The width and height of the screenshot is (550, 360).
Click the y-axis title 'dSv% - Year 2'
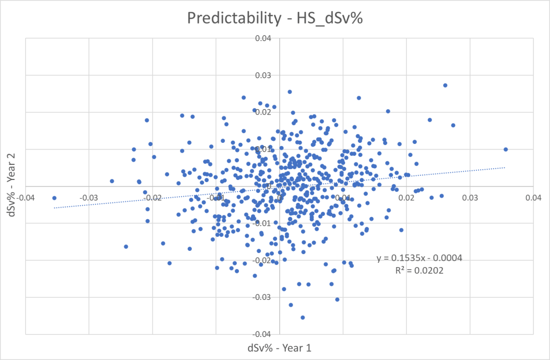10,186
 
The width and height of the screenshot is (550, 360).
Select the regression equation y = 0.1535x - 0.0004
419,258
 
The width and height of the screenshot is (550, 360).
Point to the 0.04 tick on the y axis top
266,39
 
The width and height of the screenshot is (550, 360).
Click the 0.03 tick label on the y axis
266,75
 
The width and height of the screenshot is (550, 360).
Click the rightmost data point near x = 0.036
505,149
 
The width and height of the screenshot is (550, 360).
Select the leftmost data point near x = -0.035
54,198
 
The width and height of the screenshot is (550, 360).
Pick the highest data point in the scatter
445,85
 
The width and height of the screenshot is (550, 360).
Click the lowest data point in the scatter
302,318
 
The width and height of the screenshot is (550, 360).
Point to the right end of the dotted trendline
505,167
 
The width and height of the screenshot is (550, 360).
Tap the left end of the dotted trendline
54,207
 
